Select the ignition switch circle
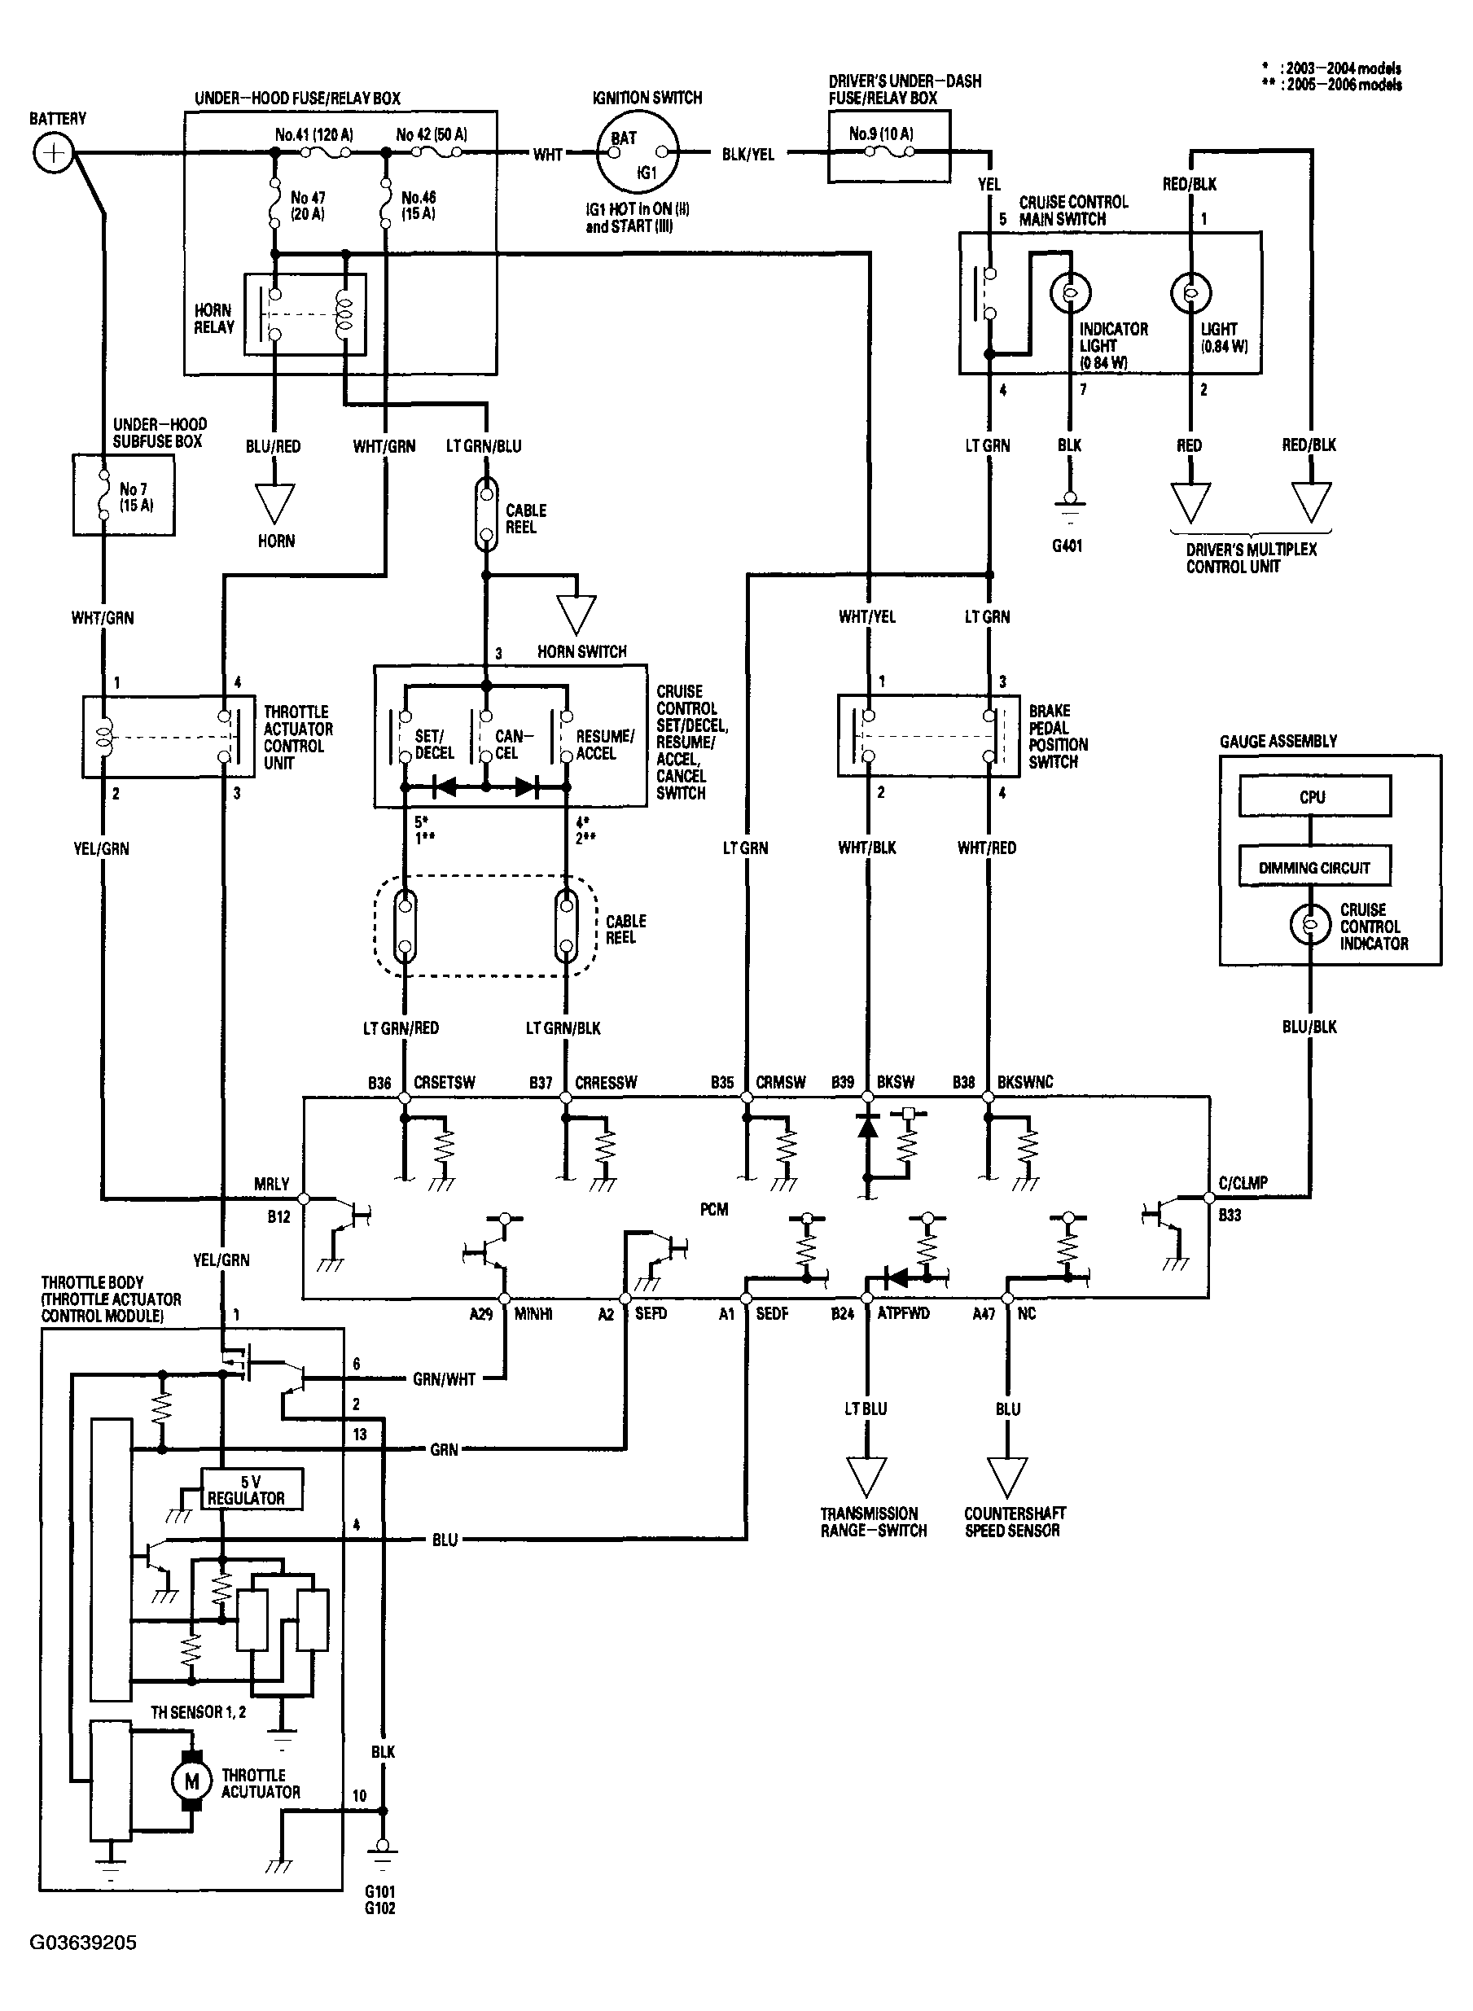tap(637, 152)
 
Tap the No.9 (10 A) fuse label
tap(881, 134)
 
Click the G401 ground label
tap(1067, 545)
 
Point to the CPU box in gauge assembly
tap(1314, 796)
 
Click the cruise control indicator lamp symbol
tap(1311, 924)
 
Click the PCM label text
tap(714, 1210)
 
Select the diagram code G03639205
tap(84, 1942)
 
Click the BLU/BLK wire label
tap(1310, 1027)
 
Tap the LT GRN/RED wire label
tap(401, 1027)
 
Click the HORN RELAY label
tap(214, 318)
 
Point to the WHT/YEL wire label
tap(866, 617)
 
